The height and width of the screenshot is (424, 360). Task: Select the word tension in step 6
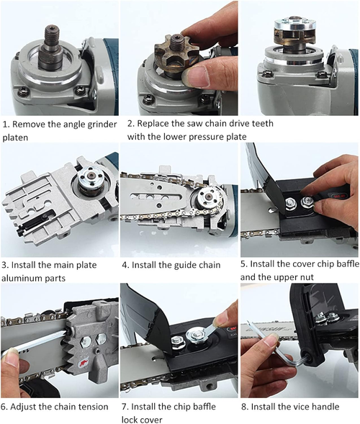pos(92,406)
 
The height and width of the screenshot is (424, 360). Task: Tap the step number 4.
pos(125,266)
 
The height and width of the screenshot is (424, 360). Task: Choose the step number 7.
pos(125,407)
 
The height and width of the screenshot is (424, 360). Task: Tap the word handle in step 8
pos(323,407)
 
